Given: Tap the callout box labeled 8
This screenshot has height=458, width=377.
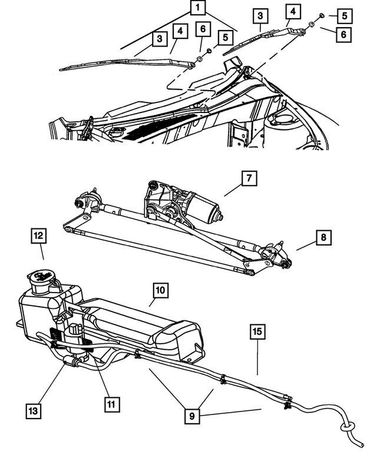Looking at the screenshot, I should (x=323, y=238).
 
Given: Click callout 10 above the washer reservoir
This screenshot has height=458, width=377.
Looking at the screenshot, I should (x=161, y=290).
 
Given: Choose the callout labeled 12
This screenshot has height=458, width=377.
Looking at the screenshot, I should (x=39, y=237).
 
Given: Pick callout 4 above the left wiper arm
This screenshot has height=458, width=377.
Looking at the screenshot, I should (x=180, y=30).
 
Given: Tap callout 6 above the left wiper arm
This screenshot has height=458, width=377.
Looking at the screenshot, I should (x=202, y=29).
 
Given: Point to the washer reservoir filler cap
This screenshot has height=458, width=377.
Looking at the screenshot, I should (x=41, y=277).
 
